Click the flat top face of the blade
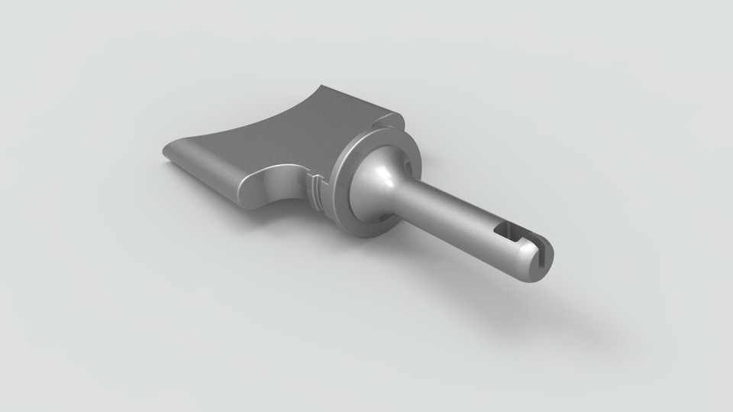coord(267,145)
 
